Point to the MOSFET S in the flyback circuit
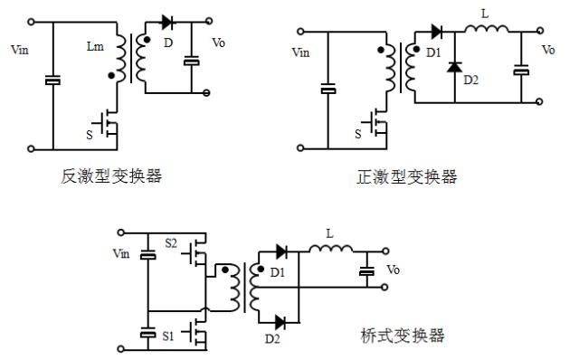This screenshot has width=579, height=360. point(107,123)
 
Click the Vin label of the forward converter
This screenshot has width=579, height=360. point(301,53)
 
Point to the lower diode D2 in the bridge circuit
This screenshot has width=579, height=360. point(280,321)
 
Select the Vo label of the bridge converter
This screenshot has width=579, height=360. point(394,270)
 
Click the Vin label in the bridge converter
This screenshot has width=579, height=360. point(119,254)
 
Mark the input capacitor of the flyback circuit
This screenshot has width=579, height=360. point(52,82)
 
